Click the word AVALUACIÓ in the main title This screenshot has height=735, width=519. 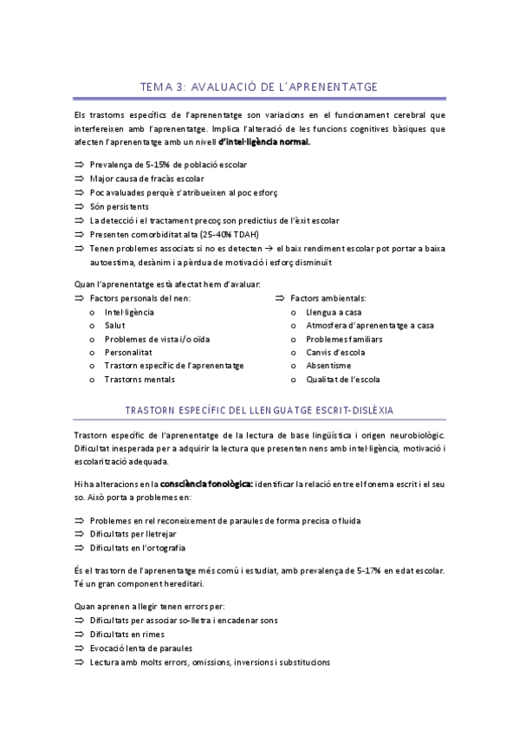click(231, 86)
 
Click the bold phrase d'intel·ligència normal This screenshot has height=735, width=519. click(264, 142)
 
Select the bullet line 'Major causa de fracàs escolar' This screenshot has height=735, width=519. click(141, 178)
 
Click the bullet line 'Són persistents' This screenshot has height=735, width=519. click(119, 206)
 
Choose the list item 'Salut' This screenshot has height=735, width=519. click(114, 324)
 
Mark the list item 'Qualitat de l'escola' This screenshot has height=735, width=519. click(342, 380)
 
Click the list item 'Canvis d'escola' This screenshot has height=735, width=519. click(335, 352)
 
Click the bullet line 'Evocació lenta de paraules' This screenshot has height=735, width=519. click(140, 647)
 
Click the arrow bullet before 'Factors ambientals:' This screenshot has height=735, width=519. click(280, 296)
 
